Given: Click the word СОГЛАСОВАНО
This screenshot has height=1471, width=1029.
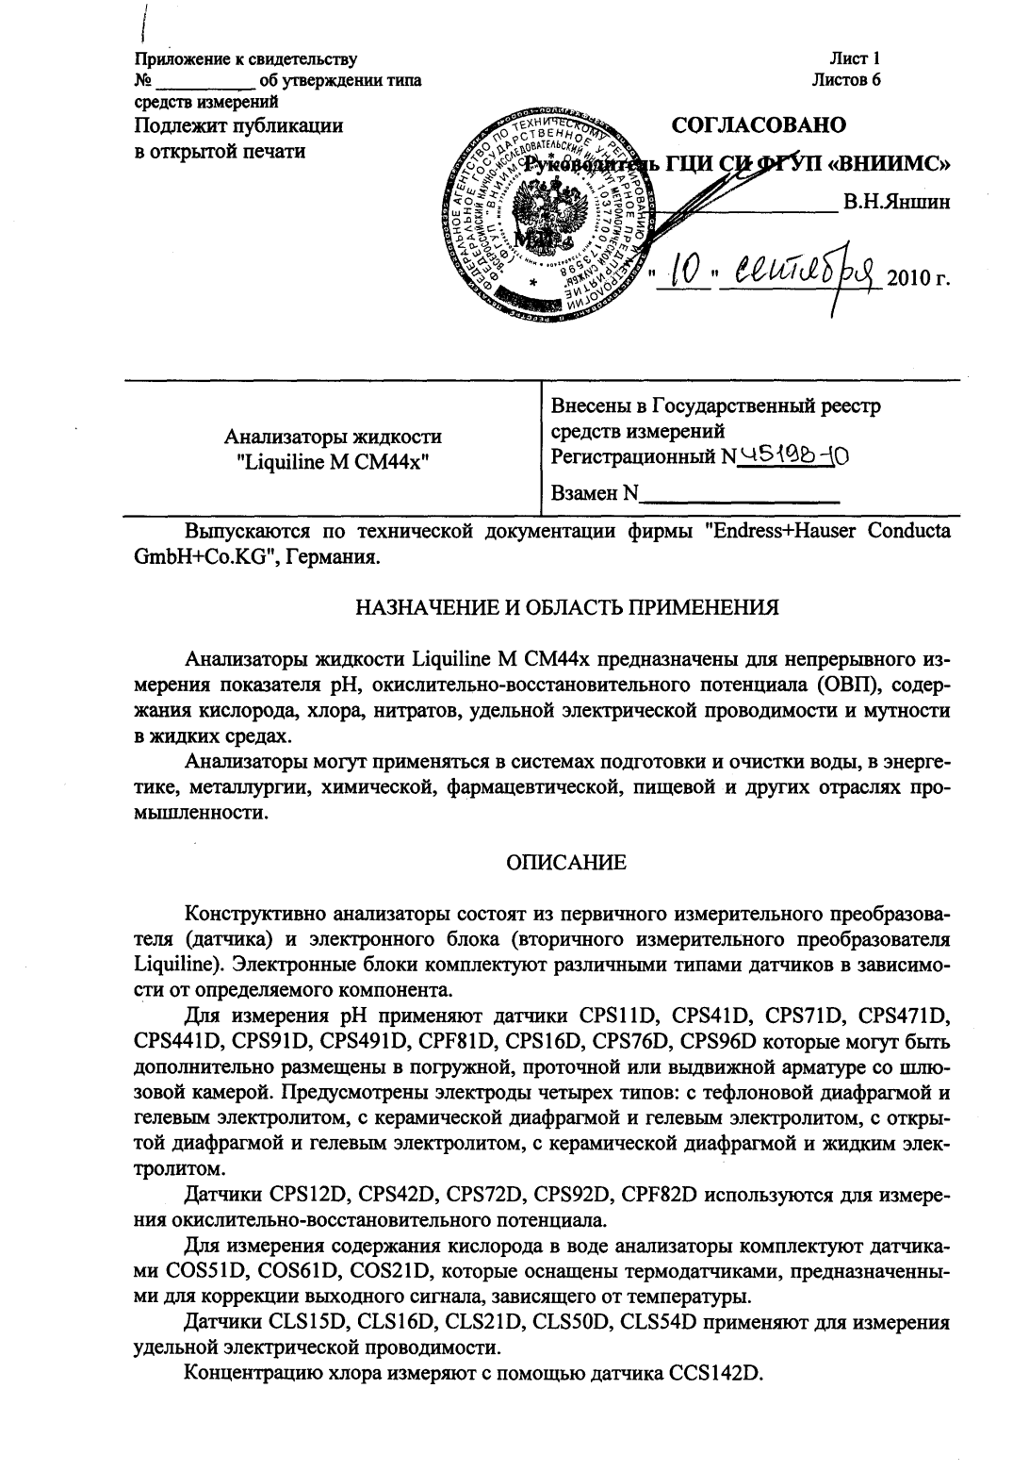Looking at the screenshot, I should click(x=758, y=125).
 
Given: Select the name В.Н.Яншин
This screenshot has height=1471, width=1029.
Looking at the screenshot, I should click(x=896, y=201).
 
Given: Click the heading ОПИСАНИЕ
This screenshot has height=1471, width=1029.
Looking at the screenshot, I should click(x=565, y=862).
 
